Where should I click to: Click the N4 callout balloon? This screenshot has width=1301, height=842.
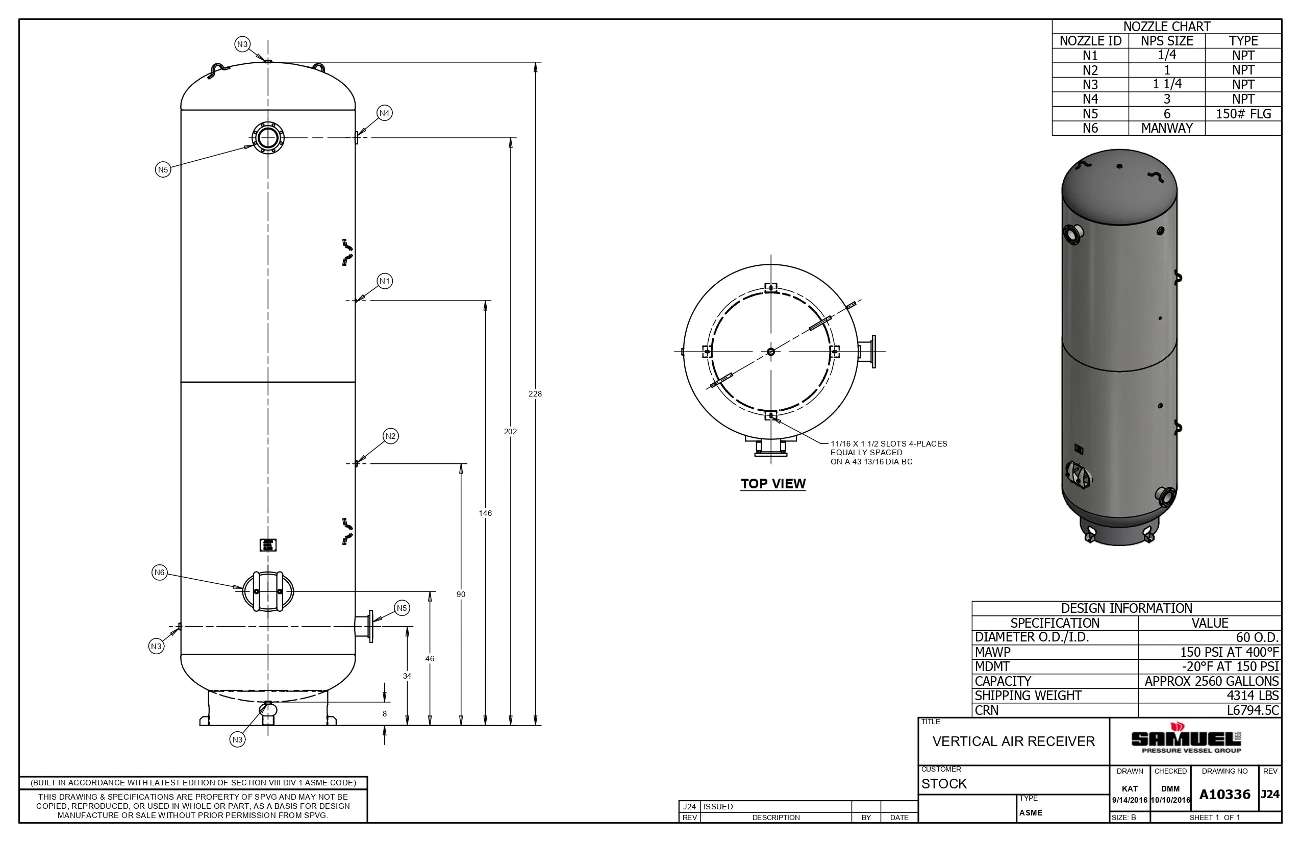coord(384,113)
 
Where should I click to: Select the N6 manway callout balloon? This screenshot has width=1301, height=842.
coord(159,573)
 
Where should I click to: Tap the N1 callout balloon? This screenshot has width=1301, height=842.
coord(384,281)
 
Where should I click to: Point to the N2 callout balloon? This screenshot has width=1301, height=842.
coord(390,436)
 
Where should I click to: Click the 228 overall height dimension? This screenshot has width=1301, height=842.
coord(535,393)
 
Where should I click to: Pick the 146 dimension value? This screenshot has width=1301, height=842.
coord(485,513)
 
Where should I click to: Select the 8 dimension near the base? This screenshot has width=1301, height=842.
coord(384,713)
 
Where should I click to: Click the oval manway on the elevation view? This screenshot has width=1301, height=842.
coord(268,591)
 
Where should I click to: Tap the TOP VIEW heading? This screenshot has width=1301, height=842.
coord(772,483)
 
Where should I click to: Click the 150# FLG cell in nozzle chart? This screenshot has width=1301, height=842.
coord(1242,114)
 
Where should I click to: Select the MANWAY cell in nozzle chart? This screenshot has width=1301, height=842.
coord(1166,128)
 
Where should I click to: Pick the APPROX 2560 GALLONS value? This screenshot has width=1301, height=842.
coord(1211,681)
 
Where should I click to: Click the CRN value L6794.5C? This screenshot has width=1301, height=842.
coord(1253,710)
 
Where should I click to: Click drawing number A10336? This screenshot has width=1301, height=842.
coord(1224,795)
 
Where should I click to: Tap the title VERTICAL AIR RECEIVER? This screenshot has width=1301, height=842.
coord(1013,741)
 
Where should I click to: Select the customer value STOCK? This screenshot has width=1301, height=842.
coord(944,783)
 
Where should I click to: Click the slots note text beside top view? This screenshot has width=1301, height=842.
coord(888,453)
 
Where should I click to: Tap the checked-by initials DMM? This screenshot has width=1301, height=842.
coord(1170,788)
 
